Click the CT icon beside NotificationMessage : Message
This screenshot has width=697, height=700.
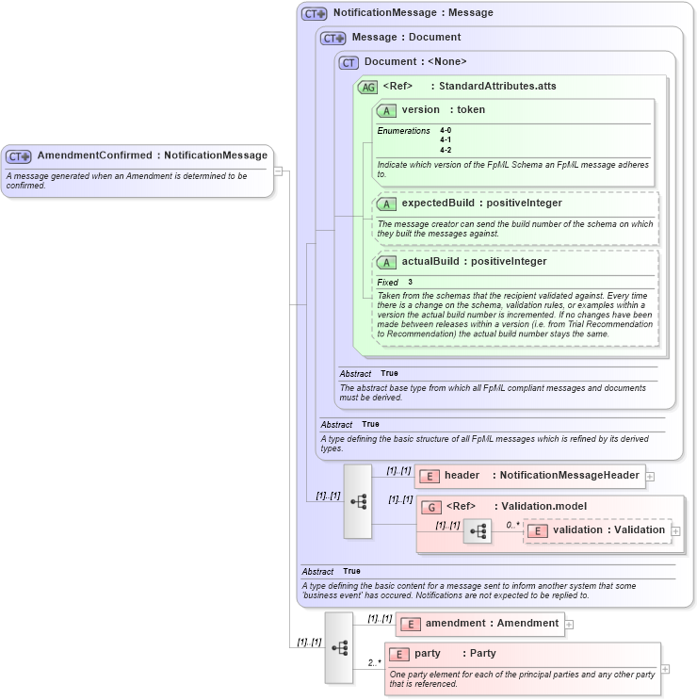(x=314, y=14)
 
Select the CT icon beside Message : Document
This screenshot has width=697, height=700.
(x=333, y=38)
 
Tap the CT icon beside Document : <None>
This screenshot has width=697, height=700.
(x=349, y=62)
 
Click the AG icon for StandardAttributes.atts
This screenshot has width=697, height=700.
(x=367, y=87)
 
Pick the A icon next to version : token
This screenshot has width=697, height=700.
(x=386, y=110)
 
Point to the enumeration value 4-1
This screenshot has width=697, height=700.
(x=446, y=139)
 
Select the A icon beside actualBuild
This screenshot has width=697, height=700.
(x=386, y=262)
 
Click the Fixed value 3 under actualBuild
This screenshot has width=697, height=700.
(x=411, y=282)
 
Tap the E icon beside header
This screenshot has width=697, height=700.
(x=429, y=477)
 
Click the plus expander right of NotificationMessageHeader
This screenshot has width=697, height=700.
(x=650, y=477)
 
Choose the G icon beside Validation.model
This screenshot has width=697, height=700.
(x=431, y=507)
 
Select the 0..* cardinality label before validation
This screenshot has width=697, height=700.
(x=512, y=525)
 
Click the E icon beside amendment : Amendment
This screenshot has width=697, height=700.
(x=410, y=624)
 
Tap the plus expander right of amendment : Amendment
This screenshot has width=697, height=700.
(x=569, y=624)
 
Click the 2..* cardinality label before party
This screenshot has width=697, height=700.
(x=374, y=662)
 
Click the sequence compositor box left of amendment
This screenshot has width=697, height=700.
(x=339, y=647)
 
